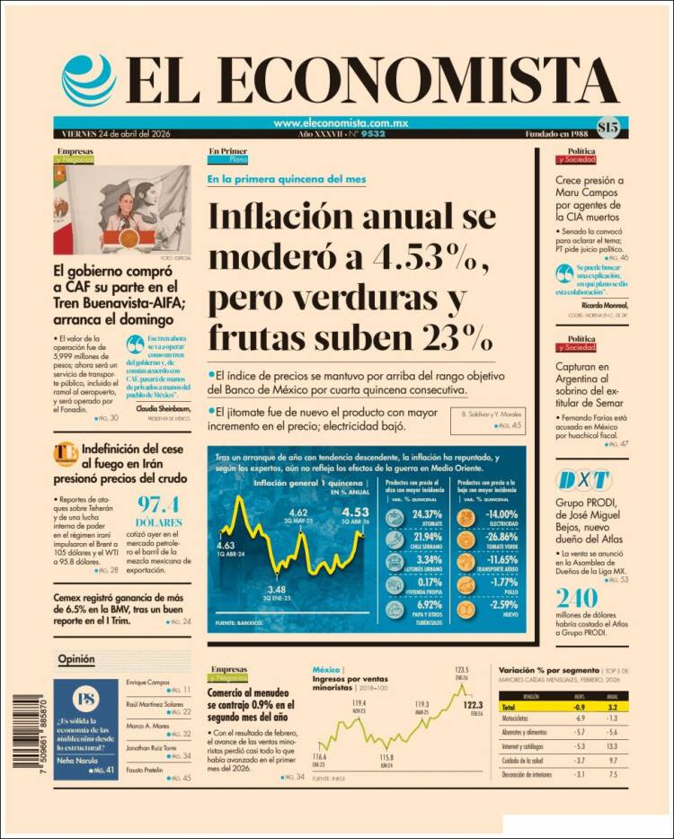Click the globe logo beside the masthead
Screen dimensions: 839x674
tap(88, 80)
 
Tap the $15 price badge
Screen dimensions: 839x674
tap(607, 128)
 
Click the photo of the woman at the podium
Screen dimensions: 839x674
tap(121, 210)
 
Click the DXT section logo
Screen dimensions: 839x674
tap(582, 479)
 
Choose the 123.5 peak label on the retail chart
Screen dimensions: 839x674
tap(463, 669)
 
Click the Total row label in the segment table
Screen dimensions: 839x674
tap(511, 708)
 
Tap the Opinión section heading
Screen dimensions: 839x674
tap(76, 659)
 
